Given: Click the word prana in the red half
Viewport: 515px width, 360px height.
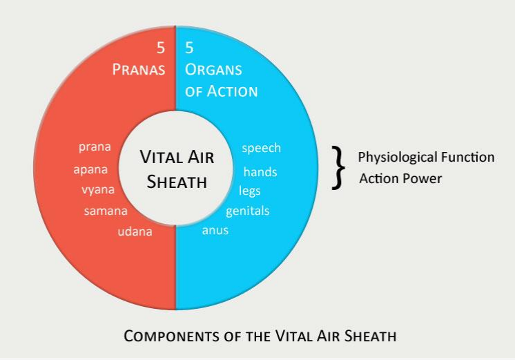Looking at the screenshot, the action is coord(95,147).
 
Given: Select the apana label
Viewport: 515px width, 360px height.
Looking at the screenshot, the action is coord(90,170).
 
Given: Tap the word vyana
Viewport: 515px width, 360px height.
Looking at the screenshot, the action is coord(98,190).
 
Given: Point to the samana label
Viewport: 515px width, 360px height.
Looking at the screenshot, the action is coord(106,211).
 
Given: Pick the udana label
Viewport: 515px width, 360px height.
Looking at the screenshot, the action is coord(135,231).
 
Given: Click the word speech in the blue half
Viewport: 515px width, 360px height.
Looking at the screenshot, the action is coord(262,148).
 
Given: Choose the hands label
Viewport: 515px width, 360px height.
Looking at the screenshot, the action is coord(260,171).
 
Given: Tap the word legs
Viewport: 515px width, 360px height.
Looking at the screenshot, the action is coord(250,191).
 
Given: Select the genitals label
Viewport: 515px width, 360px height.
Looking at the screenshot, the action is coord(248,211).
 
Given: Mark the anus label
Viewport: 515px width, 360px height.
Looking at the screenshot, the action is coord(215,230).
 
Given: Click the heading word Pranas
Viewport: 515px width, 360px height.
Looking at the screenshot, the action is coord(139,69).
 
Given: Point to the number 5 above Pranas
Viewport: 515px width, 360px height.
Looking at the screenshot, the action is coord(161,48).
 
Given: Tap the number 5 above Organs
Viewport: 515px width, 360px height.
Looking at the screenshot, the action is coord(189,48).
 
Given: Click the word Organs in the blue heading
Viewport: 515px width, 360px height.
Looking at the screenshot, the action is coord(213,69).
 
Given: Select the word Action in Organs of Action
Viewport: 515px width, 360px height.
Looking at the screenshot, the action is coord(232,91).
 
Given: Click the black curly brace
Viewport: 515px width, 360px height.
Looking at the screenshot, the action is coord(338,168).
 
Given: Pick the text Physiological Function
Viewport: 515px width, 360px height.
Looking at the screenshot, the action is coord(426,157).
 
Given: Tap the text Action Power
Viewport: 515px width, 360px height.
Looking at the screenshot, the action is coord(400,178).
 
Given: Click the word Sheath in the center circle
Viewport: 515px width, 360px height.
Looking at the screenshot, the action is coord(177,182).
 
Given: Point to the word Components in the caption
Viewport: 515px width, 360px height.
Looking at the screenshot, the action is coord(172,336).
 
